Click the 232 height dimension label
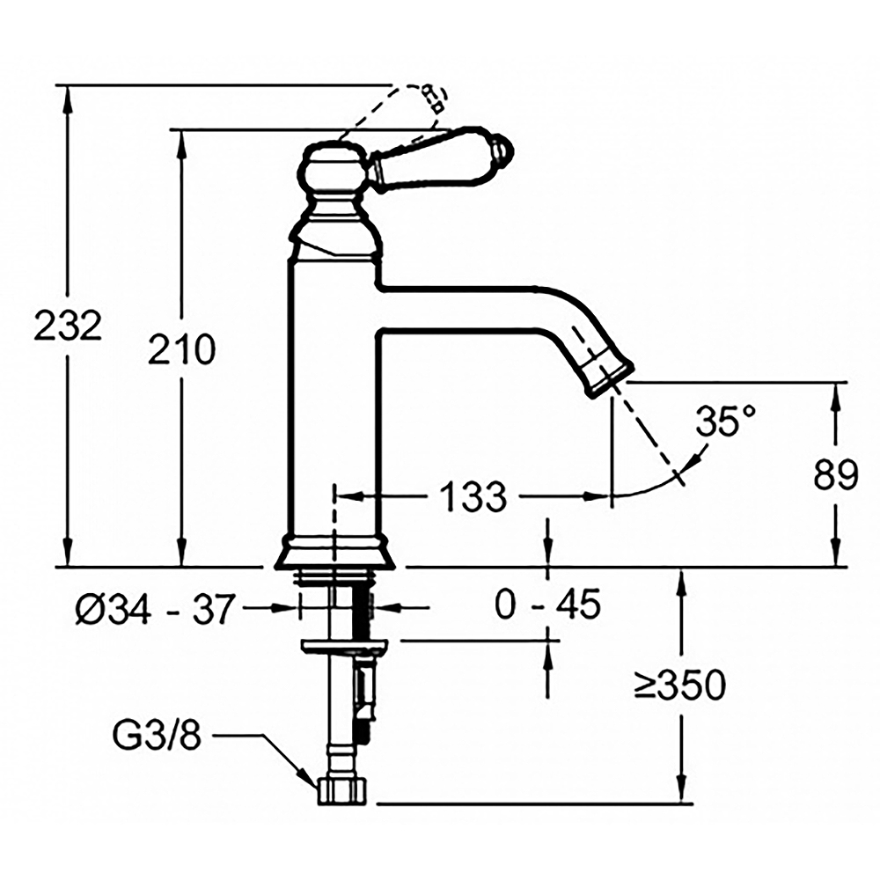(x=68, y=325)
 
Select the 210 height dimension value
(x=182, y=348)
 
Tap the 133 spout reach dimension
(x=473, y=496)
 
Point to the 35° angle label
(x=726, y=421)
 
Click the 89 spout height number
(x=836, y=475)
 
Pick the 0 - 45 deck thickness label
(x=547, y=604)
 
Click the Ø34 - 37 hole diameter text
(x=154, y=609)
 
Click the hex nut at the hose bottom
(x=342, y=791)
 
